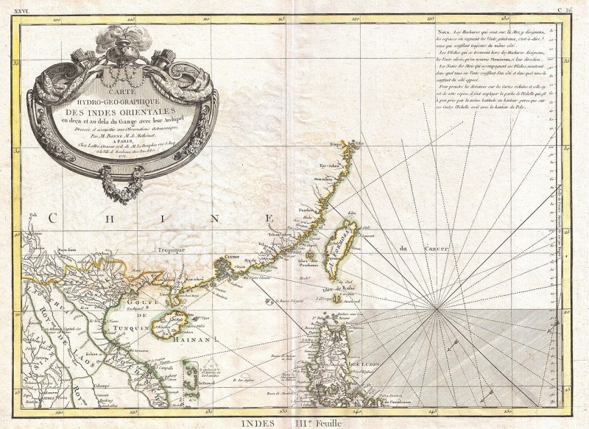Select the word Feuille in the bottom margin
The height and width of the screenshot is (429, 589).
click(331, 423)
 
